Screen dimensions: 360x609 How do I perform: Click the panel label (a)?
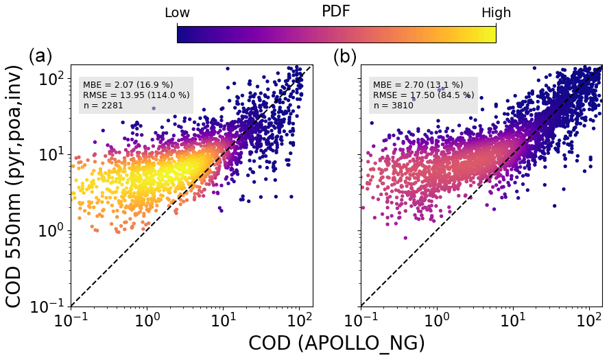click(40, 56)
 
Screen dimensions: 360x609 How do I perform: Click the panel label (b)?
click(345, 56)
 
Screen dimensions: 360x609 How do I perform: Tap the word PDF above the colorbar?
click(336, 12)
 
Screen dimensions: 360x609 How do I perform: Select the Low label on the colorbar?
click(177, 13)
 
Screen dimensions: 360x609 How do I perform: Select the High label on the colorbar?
click(496, 13)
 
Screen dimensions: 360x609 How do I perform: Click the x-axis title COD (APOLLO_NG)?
click(336, 344)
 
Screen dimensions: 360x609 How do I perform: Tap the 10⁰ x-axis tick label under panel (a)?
click(147, 321)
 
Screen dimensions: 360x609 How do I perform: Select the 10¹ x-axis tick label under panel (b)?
click(512, 321)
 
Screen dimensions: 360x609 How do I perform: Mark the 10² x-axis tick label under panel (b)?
click(588, 321)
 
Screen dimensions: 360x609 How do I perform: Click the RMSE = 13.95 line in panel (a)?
click(136, 95)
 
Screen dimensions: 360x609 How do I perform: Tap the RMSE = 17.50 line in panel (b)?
click(423, 95)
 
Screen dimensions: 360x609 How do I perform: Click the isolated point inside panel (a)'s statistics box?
click(154, 108)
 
